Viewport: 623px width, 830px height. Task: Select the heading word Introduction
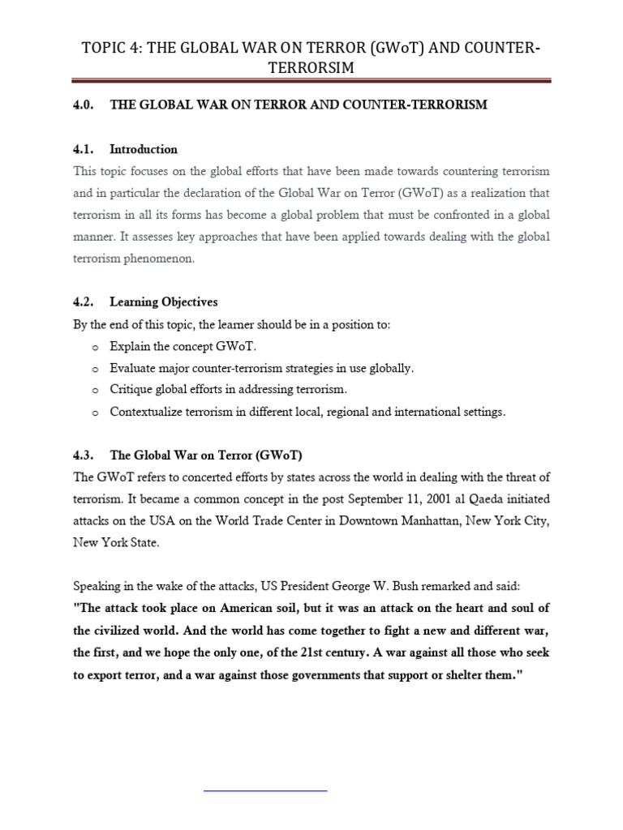point(144,149)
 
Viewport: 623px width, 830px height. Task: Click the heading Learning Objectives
point(163,302)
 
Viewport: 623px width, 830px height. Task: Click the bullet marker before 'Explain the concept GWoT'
point(95,347)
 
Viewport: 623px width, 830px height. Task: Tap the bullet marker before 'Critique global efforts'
point(95,391)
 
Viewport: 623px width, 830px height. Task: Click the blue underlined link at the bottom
point(265,788)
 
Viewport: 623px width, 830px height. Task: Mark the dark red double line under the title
point(311,80)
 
